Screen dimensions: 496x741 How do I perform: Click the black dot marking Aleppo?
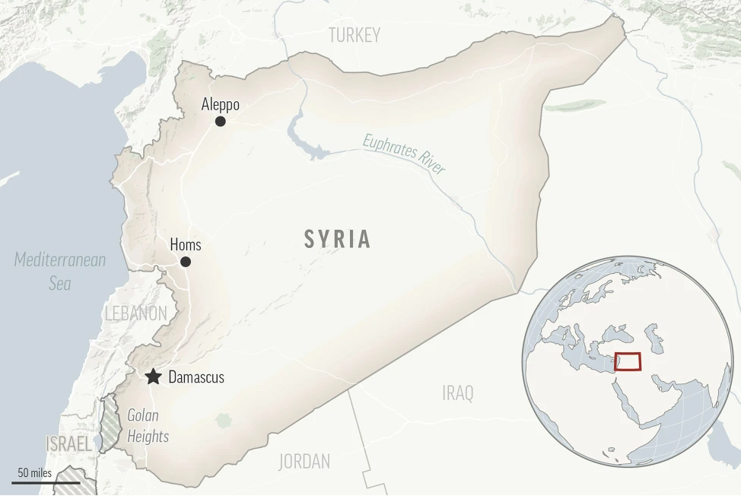pos(221,121)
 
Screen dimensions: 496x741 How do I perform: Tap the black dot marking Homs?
pos(186,262)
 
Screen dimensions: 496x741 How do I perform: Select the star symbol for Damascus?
pos(154,377)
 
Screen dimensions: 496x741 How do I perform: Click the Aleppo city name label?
pos(221,105)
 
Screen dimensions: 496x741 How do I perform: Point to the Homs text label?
pos(186,244)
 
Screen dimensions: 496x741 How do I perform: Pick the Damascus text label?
pos(196,377)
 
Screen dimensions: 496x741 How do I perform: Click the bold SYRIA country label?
pos(338,240)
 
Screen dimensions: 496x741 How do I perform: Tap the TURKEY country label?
pos(354,35)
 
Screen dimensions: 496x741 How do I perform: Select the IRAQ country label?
pos(457,393)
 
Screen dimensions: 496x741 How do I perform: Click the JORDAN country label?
pos(304,461)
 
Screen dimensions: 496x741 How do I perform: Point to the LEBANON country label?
pos(136,313)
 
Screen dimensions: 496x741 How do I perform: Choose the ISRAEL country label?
pos(68,444)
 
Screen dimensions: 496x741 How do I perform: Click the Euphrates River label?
pos(404,154)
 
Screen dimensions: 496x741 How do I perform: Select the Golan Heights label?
pos(148,426)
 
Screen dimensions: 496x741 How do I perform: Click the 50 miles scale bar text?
pos(34,473)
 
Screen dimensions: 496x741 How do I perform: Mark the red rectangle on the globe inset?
pos(627,361)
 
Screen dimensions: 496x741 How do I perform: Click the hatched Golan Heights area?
pos(112,423)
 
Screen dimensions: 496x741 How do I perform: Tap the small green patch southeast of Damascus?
pos(223,420)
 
